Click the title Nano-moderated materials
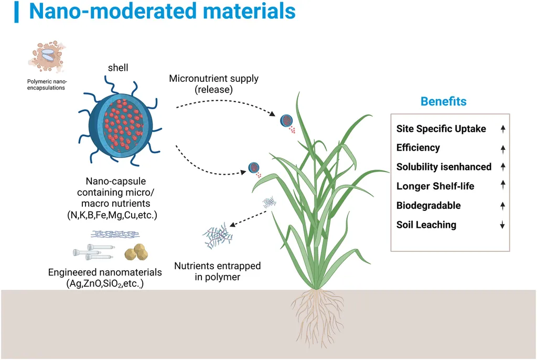point(162,12)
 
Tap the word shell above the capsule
point(118,68)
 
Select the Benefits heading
point(443,101)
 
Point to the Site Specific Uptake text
point(441,129)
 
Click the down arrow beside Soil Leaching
point(502,225)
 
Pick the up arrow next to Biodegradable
point(502,206)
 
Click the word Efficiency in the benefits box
point(418,147)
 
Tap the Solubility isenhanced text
point(444,167)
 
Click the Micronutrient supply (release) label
point(213,84)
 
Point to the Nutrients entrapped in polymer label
point(217,271)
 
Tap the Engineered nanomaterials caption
point(105,278)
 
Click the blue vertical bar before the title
point(17,12)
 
